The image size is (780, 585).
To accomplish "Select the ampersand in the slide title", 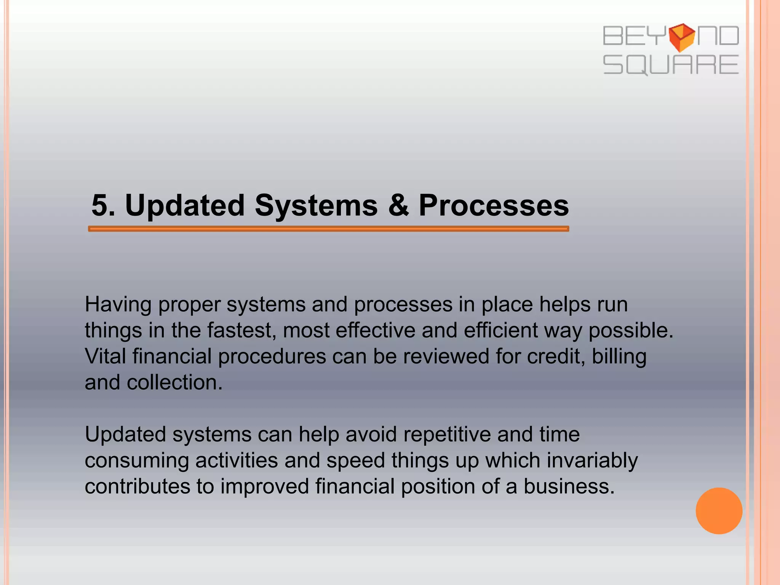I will pos(398,206).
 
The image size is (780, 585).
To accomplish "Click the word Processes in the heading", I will pos(494,206).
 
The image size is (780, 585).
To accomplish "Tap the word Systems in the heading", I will pos(316,206).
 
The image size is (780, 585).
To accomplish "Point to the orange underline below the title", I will pos(328,229).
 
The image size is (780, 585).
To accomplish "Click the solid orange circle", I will pos(719,511).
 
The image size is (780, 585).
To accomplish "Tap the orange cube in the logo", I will pos(682,37).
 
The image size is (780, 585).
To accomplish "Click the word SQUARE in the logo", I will pos(670,65).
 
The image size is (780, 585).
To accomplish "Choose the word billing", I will pos(619,357).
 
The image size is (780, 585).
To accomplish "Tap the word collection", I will pos(174,382).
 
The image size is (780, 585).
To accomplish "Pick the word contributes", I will pos(137,486).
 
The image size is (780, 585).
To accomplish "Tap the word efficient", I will pos(500,330).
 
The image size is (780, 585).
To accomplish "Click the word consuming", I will pos(137,461).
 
